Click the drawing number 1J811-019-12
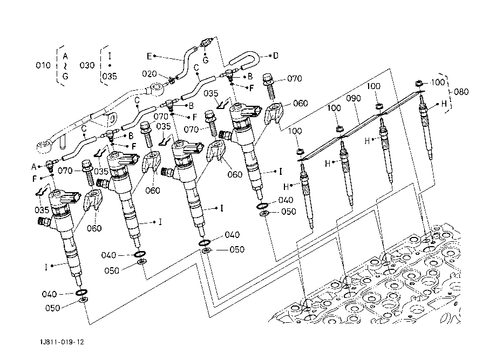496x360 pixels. click(x=62, y=342)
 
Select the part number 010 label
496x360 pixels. click(x=43, y=66)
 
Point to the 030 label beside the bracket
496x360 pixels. click(x=87, y=66)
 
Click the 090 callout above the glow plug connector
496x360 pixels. click(x=354, y=99)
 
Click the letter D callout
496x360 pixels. click(x=275, y=55)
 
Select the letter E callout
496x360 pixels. click(x=150, y=56)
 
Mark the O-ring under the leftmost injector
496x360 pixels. click(x=81, y=293)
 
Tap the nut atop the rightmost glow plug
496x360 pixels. click(x=419, y=83)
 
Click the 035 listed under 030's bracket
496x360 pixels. click(x=110, y=76)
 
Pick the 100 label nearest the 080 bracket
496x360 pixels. click(x=438, y=83)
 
